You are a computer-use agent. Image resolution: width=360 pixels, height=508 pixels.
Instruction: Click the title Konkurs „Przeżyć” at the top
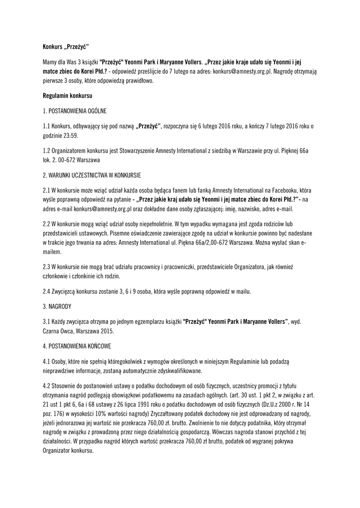pos(65,48)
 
